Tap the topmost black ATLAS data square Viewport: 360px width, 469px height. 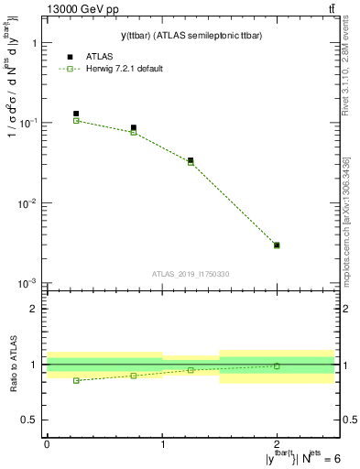(76, 115)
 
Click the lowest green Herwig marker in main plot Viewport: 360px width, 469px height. (277, 245)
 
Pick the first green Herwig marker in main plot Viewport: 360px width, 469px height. (76, 121)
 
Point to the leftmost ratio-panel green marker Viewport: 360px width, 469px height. (76, 380)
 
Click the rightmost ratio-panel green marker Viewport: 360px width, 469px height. (277, 365)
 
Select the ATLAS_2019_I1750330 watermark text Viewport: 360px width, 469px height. (191, 274)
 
